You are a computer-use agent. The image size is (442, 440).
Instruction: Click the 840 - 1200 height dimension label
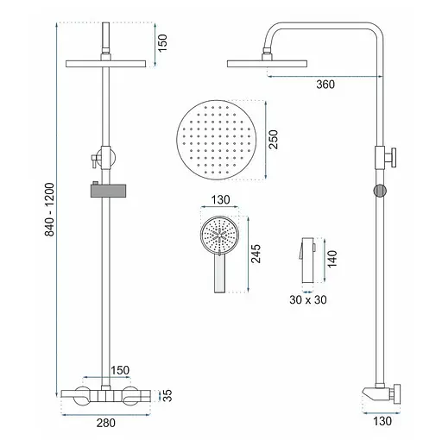(49, 210)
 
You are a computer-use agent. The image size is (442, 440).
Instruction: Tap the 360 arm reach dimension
(325, 85)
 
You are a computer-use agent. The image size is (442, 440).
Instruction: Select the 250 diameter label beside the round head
(274, 140)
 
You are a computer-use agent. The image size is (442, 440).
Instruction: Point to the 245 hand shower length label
(256, 254)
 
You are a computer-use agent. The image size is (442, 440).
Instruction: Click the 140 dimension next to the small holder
(332, 259)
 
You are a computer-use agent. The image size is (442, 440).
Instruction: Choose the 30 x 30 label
(308, 300)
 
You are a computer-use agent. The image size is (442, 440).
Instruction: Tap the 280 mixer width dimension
(106, 423)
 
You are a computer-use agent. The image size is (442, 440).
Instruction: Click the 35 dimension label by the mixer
(167, 395)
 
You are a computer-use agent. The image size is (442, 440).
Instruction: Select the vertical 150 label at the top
(162, 43)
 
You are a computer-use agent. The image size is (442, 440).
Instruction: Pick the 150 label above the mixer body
(120, 370)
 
